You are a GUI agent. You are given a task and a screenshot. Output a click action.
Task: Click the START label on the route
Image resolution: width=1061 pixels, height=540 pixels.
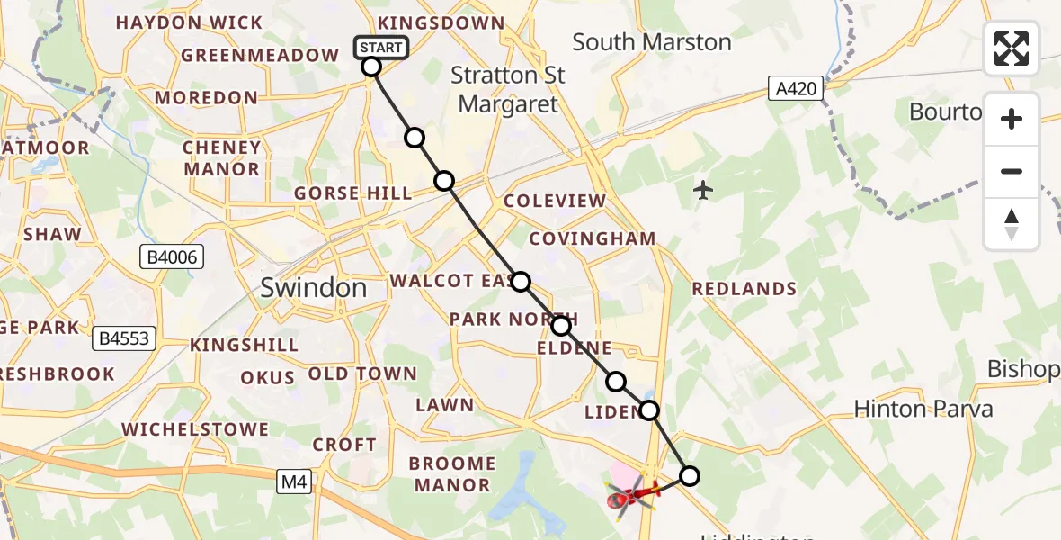click(382, 48)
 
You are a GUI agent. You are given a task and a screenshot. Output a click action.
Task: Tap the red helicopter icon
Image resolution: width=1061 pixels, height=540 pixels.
click(633, 494)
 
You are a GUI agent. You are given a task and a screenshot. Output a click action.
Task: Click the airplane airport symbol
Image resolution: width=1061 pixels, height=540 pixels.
click(703, 190)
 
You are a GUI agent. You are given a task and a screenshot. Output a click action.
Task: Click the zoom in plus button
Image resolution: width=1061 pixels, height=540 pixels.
click(1012, 119)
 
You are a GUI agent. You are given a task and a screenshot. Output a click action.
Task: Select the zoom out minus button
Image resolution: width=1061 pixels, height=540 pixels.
click(1012, 171)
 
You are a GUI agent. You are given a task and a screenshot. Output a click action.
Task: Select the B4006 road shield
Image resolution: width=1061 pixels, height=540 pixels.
click(173, 258)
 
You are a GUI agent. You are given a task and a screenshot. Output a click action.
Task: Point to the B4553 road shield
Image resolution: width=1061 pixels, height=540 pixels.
click(125, 339)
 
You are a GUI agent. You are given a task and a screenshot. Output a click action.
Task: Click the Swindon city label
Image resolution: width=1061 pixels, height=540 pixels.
click(314, 288)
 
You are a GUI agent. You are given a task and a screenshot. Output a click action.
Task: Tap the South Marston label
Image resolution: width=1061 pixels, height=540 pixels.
click(652, 42)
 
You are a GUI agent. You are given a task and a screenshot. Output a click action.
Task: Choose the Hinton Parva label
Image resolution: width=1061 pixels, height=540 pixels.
click(923, 409)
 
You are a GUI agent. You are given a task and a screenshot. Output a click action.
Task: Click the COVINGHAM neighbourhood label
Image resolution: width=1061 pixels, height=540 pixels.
click(593, 238)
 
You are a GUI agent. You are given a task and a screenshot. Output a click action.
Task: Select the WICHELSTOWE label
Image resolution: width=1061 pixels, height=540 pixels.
click(195, 429)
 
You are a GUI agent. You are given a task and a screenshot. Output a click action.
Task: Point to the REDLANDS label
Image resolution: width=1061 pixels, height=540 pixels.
click(744, 289)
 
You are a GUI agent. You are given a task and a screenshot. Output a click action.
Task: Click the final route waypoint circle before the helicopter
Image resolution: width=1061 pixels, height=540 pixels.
click(689, 475)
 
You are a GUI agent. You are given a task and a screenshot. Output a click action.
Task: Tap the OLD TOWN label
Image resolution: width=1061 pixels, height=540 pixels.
click(362, 373)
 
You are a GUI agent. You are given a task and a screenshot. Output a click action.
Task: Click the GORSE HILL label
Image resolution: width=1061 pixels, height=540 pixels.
click(352, 193)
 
